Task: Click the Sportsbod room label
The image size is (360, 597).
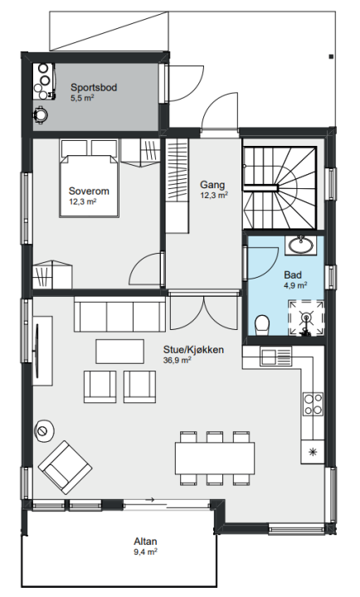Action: (x=94, y=88)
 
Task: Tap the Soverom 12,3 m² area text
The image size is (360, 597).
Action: (x=83, y=201)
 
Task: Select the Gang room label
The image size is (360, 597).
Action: (x=212, y=185)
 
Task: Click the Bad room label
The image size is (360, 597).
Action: (x=293, y=275)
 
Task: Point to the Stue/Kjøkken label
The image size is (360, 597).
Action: (x=193, y=350)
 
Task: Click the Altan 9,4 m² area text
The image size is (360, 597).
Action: (x=145, y=551)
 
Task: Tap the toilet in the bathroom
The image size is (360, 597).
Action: (x=262, y=326)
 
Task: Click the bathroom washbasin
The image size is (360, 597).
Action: (x=301, y=245)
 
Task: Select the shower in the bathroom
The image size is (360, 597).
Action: (x=306, y=318)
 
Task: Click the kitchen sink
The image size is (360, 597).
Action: (x=276, y=356)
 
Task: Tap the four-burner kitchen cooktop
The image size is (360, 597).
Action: (x=314, y=404)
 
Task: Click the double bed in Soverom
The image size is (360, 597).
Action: (x=89, y=178)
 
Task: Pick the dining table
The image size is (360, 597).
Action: (x=215, y=458)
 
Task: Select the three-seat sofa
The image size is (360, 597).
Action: (x=119, y=314)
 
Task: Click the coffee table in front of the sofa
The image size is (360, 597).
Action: (x=119, y=352)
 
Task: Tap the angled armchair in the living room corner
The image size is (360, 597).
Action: (x=66, y=468)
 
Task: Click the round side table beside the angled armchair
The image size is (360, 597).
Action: (x=45, y=431)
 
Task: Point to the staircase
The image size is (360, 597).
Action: (x=280, y=188)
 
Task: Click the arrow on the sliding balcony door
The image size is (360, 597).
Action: (x=149, y=499)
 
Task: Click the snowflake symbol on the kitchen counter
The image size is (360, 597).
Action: (x=313, y=452)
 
